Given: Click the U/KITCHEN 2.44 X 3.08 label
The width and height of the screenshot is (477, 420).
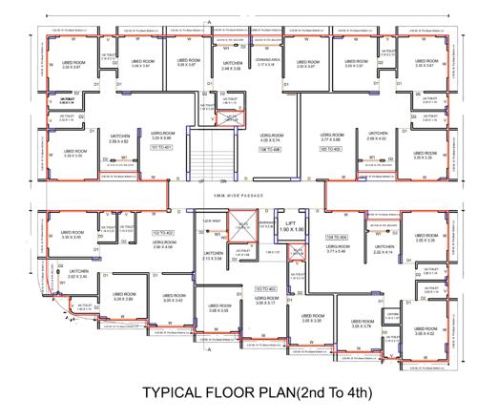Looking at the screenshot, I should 232,67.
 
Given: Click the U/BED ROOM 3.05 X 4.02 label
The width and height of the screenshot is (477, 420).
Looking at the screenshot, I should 425,330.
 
